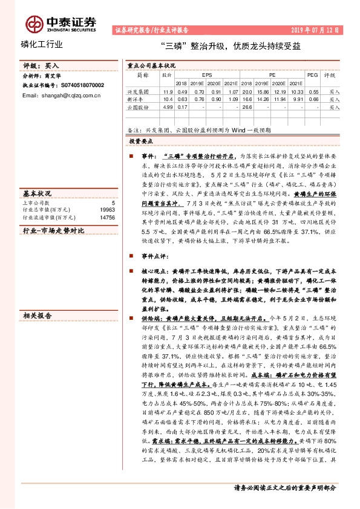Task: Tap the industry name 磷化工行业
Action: (41, 45)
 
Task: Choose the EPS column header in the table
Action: (207, 76)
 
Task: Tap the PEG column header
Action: (312, 76)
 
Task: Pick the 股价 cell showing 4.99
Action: (168, 106)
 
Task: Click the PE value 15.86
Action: (262, 91)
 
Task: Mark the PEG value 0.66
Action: (313, 98)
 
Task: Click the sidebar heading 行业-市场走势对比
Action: (53, 231)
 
